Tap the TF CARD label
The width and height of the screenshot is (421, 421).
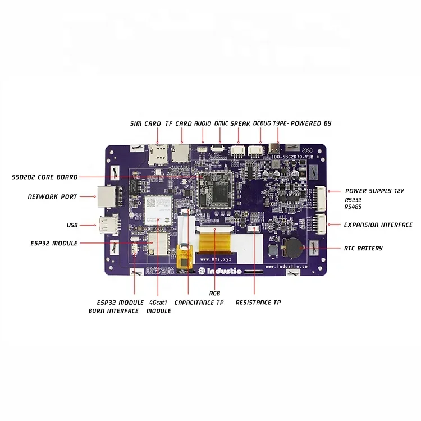tap(179, 123)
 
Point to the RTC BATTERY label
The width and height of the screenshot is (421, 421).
tap(363, 248)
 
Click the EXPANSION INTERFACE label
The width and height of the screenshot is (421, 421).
tap(378, 225)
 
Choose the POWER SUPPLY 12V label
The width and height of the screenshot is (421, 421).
tap(374, 191)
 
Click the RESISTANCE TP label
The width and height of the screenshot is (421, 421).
tap(258, 303)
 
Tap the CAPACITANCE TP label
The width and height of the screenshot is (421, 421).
tap(199, 303)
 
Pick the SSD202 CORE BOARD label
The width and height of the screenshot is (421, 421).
tap(45, 177)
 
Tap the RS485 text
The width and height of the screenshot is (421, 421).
tap(354, 207)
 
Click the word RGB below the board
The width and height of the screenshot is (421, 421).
tap(214, 293)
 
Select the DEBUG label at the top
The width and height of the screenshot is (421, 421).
tap(262, 123)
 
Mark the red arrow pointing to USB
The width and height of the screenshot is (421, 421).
tap(88, 225)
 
